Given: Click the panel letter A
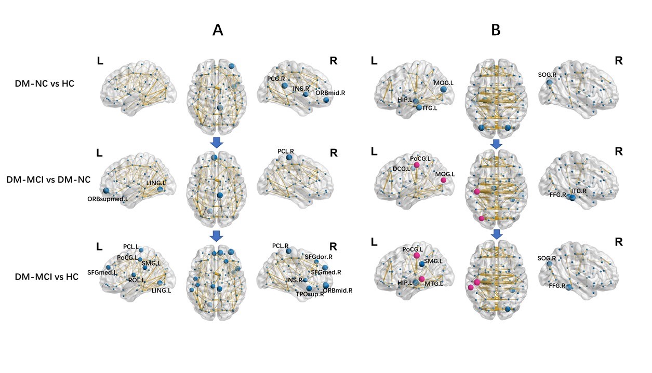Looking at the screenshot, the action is [218, 30].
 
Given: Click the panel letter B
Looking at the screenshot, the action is [496, 30].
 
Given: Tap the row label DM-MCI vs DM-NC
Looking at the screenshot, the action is [48, 179].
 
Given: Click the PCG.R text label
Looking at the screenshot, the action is [276, 79].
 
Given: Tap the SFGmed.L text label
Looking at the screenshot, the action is [101, 272].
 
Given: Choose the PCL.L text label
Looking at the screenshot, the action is [131, 246].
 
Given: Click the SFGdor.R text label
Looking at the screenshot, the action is [317, 256].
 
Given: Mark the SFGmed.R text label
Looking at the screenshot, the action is [325, 272].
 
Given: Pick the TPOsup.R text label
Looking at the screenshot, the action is [310, 294].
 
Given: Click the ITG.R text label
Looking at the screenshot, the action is [578, 191].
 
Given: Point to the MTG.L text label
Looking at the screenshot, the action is [434, 283].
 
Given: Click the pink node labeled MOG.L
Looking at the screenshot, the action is [444, 180].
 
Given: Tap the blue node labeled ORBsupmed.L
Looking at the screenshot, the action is [107, 190].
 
